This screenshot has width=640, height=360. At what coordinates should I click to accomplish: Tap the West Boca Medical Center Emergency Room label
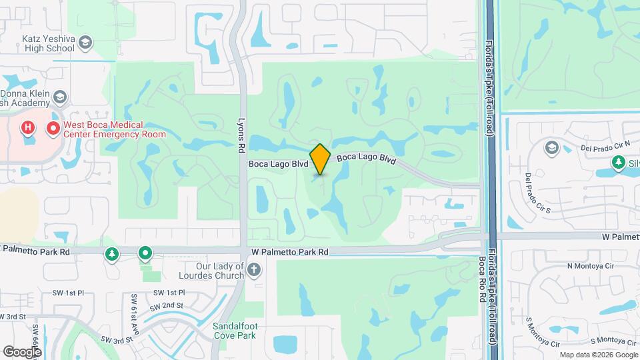pyautogui.click(x=114, y=129)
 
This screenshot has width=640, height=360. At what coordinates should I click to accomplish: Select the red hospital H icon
pyautogui.click(x=28, y=127)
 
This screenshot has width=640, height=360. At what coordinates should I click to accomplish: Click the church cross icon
pyautogui.click(x=253, y=270)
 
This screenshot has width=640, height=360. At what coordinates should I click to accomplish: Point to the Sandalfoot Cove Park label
pyautogui.click(x=234, y=331)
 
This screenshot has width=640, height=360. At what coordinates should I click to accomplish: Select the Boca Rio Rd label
pyautogui.click(x=481, y=279)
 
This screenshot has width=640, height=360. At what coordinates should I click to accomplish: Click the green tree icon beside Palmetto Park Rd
pyautogui.click(x=111, y=254)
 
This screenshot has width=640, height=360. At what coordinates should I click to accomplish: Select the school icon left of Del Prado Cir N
pyautogui.click(x=552, y=147)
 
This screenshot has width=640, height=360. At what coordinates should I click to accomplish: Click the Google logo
pyautogui.click(x=22, y=351)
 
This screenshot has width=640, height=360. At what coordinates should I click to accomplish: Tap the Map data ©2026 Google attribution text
pyautogui.click(x=597, y=355)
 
